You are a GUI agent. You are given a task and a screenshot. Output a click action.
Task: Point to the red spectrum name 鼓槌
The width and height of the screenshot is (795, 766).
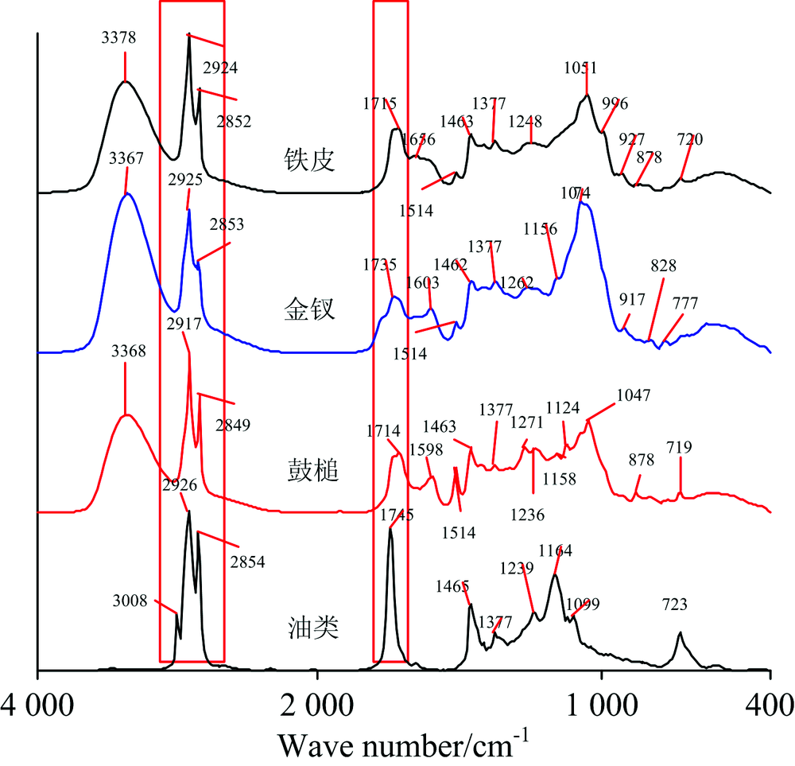pyautogui.click(x=312, y=471)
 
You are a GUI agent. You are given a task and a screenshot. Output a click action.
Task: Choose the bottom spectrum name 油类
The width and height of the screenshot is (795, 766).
pyautogui.click(x=312, y=628)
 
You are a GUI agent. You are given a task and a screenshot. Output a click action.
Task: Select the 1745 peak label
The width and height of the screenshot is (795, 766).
pyautogui.click(x=396, y=515)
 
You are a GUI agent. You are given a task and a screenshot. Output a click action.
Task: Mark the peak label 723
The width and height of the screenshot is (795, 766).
pyautogui.click(x=681, y=605)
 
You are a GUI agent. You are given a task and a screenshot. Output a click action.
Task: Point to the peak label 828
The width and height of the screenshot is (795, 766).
pyautogui.click(x=667, y=266)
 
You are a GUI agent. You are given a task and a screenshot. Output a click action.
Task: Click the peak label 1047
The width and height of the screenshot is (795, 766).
pyautogui.click(x=634, y=395)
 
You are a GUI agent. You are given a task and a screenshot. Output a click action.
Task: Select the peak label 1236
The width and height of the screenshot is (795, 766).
pyautogui.click(x=528, y=515)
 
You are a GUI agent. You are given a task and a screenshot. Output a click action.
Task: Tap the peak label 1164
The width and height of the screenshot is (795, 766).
pyautogui.click(x=556, y=550)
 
